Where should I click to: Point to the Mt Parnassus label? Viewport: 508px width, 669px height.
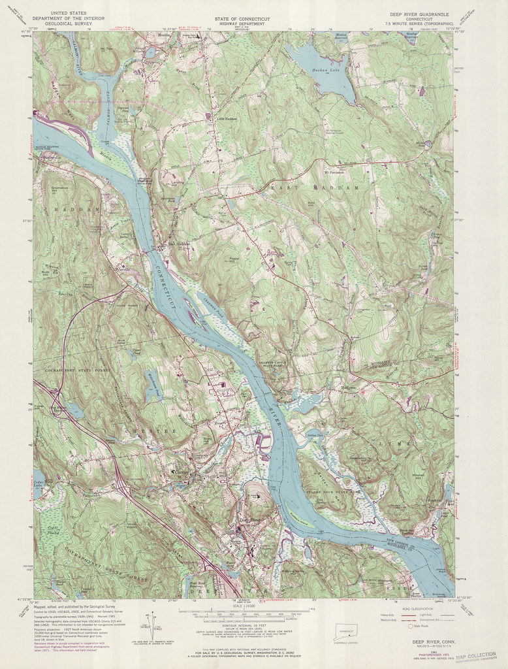click(x=334, y=172)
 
